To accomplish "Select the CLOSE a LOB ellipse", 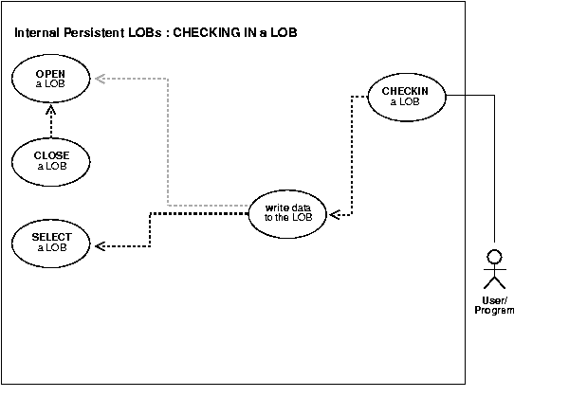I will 52,160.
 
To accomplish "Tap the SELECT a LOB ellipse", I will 52,243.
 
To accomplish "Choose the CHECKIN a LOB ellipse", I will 405,96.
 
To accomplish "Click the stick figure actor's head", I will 493,256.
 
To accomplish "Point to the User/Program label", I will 493,306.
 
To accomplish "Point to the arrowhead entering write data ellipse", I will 334,214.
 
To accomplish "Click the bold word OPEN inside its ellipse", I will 51,72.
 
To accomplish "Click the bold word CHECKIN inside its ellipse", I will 405,91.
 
